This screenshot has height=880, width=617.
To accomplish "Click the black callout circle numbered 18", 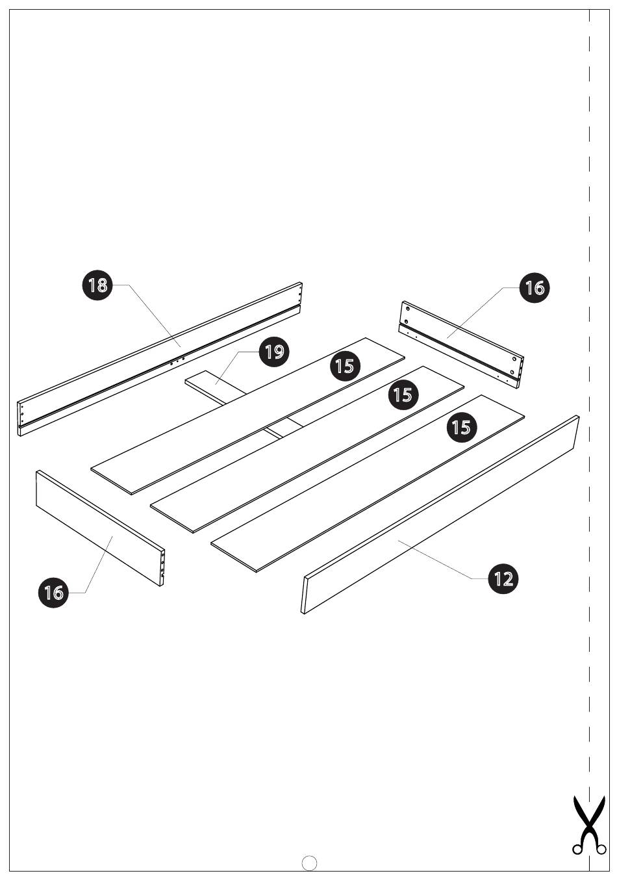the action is (97, 285).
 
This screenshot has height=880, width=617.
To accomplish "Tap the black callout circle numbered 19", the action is (274, 351).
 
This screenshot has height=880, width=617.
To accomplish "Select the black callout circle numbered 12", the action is (503, 578).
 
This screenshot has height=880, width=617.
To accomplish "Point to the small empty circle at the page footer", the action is (309, 862).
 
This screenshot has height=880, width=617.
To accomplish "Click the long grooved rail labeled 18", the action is (159, 359).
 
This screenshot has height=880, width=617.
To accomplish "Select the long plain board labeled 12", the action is (440, 514).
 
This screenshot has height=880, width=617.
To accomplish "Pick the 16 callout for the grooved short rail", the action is (534, 288).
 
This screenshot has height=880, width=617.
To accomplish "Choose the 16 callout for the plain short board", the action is (54, 592).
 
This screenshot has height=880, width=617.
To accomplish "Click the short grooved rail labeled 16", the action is (460, 345).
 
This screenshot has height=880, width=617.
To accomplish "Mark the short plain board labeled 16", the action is (100, 528).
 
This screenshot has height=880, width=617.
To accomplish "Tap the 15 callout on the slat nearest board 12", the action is (462, 427).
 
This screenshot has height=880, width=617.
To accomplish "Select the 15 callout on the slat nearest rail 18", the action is (345, 366).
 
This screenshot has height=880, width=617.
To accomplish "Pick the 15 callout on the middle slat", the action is (403, 395).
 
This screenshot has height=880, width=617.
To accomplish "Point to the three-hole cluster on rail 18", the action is (177, 361).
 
